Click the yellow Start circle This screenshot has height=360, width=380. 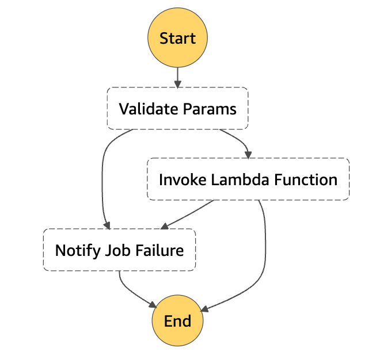tap(177, 39)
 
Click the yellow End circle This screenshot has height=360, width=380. tap(177, 321)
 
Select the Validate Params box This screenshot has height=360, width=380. tap(177, 108)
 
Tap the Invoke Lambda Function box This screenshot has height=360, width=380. tap(248, 179)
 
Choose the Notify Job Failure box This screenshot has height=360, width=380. tap(119, 250)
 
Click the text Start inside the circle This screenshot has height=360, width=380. tap(177, 39)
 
